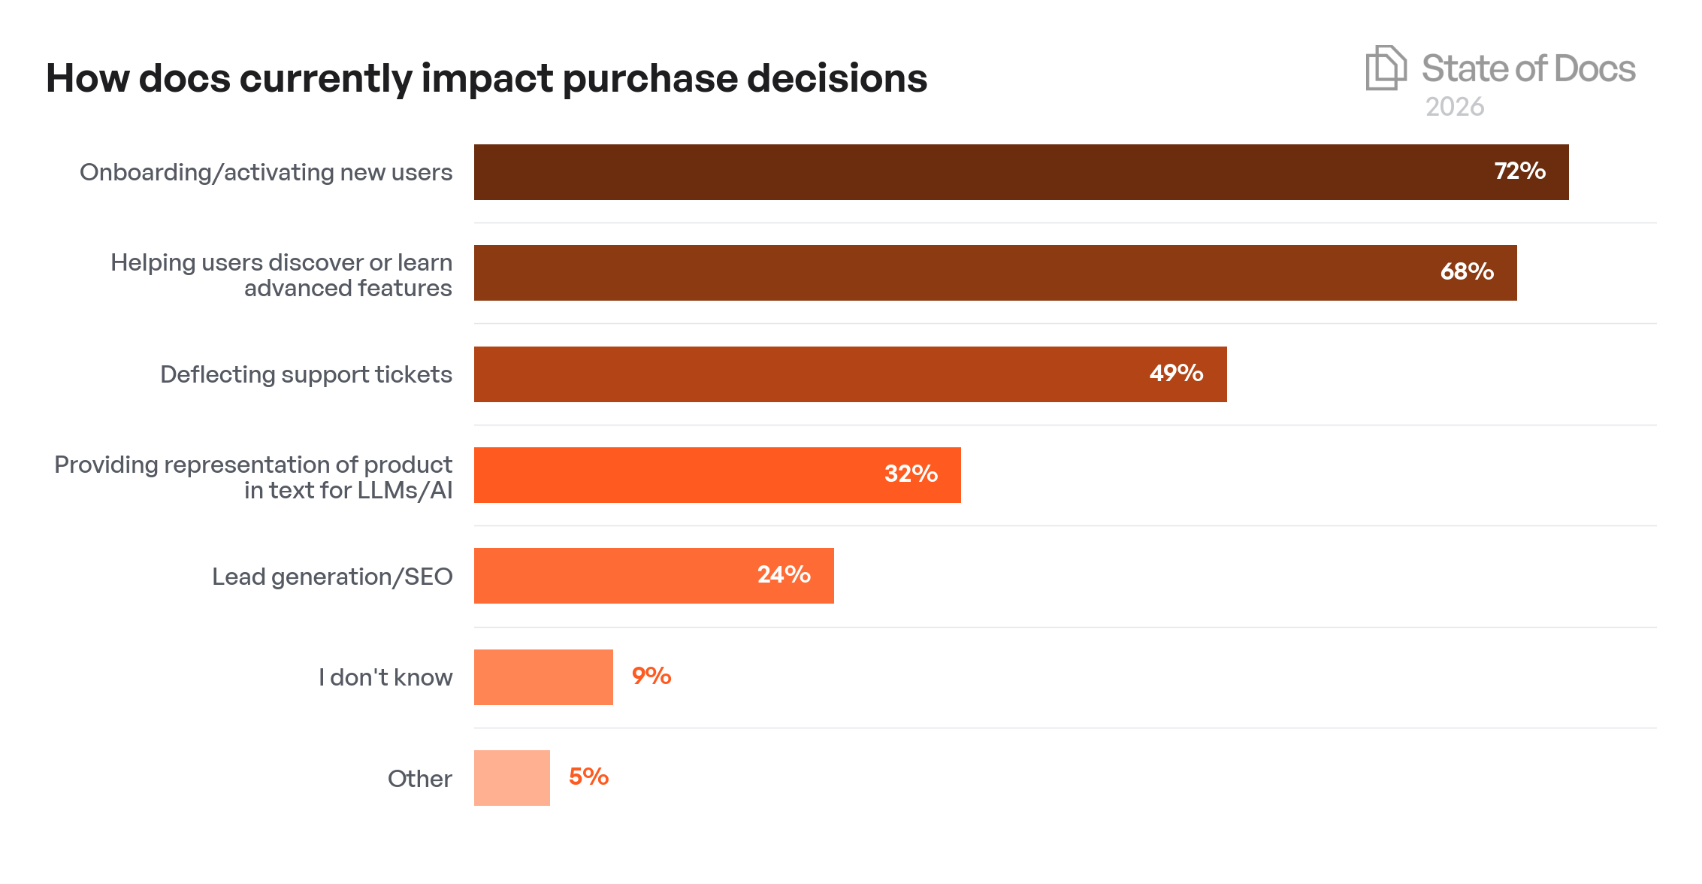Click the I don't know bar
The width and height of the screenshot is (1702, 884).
[x=543, y=677]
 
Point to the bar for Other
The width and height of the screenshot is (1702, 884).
[x=512, y=778]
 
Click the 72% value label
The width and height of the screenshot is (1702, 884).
[x=1519, y=171]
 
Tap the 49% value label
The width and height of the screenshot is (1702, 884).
[x=1176, y=374]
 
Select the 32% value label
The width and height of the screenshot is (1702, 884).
[x=911, y=474]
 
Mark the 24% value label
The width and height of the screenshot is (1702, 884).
[x=784, y=575]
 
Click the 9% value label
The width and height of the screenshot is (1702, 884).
[x=651, y=677]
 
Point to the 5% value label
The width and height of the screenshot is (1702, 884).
[x=588, y=777]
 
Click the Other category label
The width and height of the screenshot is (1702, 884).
[x=419, y=779]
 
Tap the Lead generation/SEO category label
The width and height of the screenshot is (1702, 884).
[x=332, y=577]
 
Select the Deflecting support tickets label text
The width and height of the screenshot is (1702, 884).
[x=306, y=374]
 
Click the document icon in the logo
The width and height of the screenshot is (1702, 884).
[x=1385, y=68]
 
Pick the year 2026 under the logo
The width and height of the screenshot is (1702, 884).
[x=1455, y=107]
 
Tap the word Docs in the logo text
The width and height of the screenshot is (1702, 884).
[x=1594, y=69]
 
